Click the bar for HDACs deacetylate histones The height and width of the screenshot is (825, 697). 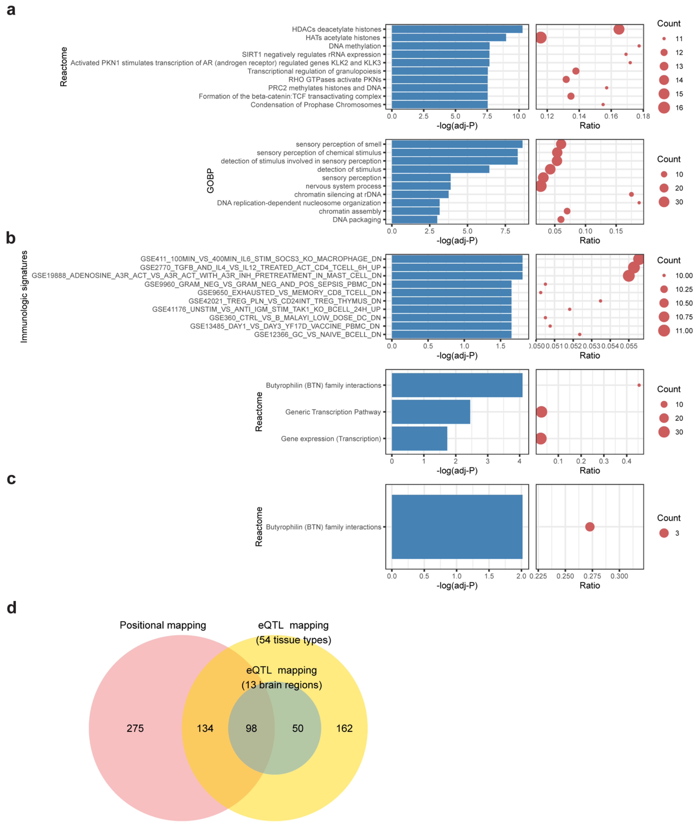pyautogui.click(x=457, y=29)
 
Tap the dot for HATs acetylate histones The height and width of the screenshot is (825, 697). pyautogui.click(x=541, y=37)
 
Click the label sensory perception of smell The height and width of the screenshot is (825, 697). pyautogui.click(x=338, y=144)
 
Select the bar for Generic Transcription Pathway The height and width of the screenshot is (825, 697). pyautogui.click(x=431, y=412)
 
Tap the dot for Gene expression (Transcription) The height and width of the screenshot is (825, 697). pyautogui.click(x=541, y=438)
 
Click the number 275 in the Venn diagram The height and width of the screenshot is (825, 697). pyautogui.click(x=135, y=728)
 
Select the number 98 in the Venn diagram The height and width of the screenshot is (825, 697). pyautogui.click(x=251, y=728)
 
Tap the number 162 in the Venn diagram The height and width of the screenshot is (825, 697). pyautogui.click(x=344, y=728)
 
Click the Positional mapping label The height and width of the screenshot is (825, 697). pyautogui.click(x=163, y=625)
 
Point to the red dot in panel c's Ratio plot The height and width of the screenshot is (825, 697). pyautogui.click(x=590, y=527)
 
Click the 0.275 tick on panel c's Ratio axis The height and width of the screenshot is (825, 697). pyautogui.click(x=592, y=576)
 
